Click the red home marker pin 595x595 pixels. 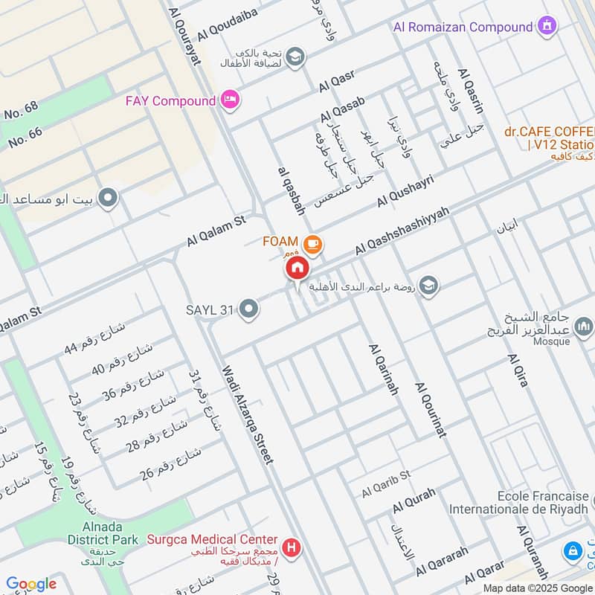297,268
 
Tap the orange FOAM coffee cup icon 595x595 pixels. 312,243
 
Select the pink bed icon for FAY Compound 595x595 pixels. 230,100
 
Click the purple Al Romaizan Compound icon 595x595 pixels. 548,26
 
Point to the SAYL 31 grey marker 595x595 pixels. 249,308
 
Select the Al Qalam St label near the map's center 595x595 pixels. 216,232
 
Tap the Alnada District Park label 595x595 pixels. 102,533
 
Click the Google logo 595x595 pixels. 30,584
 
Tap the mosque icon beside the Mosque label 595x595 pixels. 583,325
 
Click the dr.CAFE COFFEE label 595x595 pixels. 549,132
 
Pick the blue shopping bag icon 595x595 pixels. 573,551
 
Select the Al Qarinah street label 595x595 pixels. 383,370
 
